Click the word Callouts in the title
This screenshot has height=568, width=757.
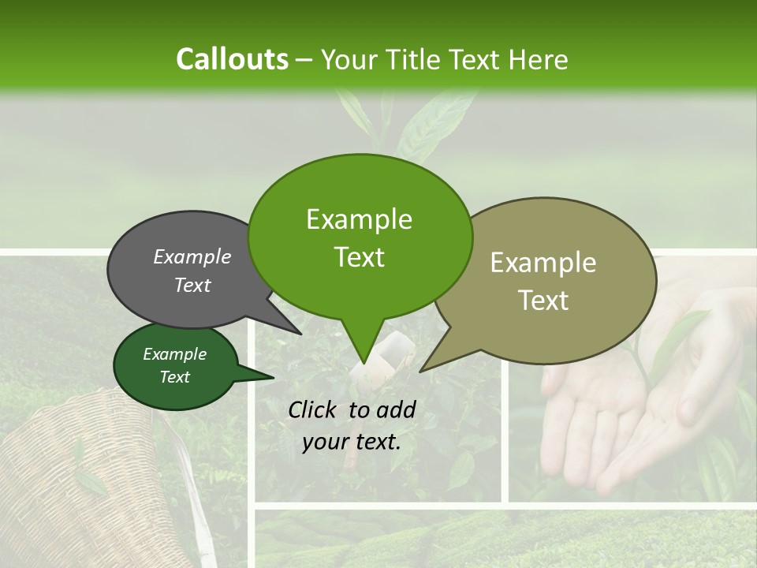pyautogui.click(x=232, y=59)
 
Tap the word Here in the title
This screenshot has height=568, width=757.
pyautogui.click(x=538, y=59)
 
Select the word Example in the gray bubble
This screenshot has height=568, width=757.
pyautogui.click(x=192, y=256)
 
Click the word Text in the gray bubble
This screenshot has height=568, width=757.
pyautogui.click(x=192, y=285)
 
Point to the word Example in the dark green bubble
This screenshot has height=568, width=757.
pyautogui.click(x=174, y=354)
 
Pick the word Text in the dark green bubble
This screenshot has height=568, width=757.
pyautogui.click(x=174, y=377)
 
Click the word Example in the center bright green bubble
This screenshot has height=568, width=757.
pyautogui.click(x=359, y=219)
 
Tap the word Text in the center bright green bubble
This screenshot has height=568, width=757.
pyautogui.click(x=359, y=257)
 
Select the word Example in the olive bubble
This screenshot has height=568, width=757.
pyautogui.click(x=543, y=263)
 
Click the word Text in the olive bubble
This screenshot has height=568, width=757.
pyautogui.click(x=543, y=301)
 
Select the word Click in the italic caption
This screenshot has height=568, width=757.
pyautogui.click(x=315, y=409)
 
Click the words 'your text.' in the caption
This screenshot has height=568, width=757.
pyautogui.click(x=352, y=442)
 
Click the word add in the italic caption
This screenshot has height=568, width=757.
pyautogui.click(x=395, y=409)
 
